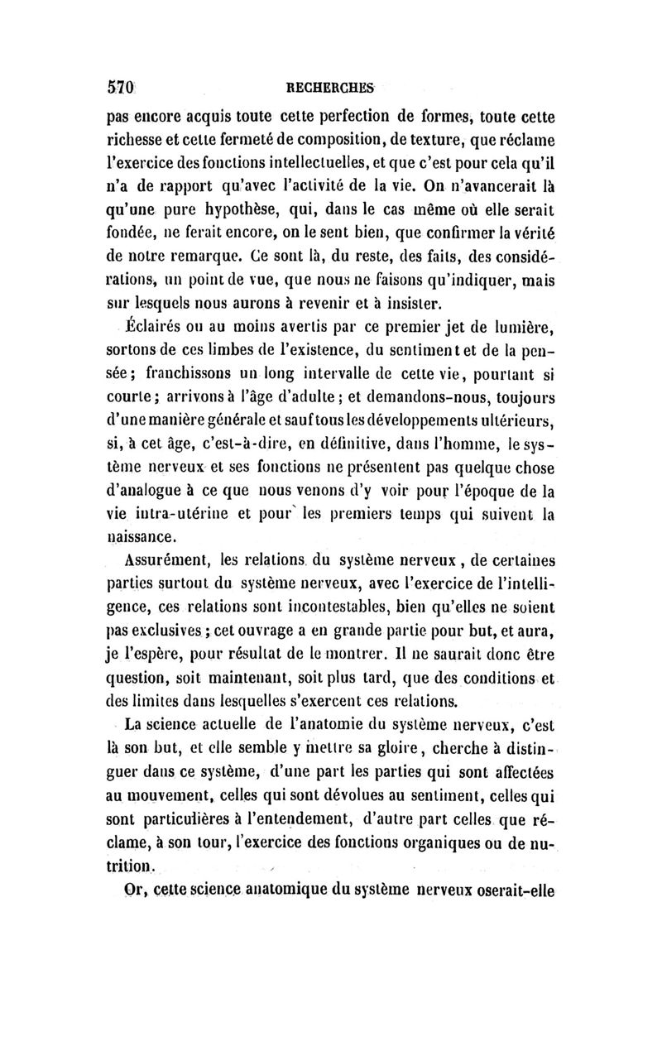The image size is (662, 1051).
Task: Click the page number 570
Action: pos(122,85)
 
